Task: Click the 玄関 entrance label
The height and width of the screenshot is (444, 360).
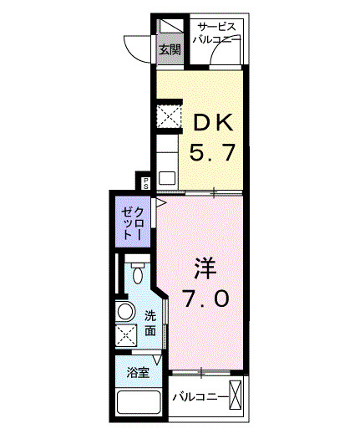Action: click(x=170, y=49)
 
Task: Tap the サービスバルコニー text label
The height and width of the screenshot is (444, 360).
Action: click(x=216, y=32)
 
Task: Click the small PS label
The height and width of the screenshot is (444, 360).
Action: click(x=145, y=181)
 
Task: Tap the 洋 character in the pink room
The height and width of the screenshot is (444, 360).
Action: click(x=206, y=268)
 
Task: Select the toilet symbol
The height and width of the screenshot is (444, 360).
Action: click(x=139, y=273)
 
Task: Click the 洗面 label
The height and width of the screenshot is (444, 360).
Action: click(x=150, y=324)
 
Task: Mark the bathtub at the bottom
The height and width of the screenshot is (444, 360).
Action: click(x=139, y=405)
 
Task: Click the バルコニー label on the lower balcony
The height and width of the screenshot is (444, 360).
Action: click(x=200, y=396)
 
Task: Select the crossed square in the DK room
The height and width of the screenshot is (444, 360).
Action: click(x=170, y=116)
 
